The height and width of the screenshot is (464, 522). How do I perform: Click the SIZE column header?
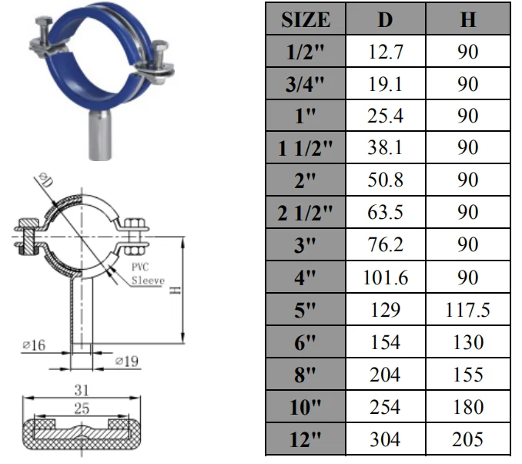(305, 19)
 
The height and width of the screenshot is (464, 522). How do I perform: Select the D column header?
(384, 19)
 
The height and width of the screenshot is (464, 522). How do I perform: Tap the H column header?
(468, 19)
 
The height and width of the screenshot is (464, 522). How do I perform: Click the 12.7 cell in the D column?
(384, 52)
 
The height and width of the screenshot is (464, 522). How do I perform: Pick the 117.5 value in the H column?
(468, 310)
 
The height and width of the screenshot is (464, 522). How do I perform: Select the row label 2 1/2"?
(305, 213)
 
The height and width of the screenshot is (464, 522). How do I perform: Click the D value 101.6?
(384, 277)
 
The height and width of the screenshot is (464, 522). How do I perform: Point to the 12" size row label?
(305, 439)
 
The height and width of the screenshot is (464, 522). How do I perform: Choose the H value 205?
(468, 439)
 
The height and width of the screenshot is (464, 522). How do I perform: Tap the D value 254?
(384, 407)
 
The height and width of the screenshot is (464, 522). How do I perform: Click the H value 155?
(468, 375)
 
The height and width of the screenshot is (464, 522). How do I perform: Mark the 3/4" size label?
(305, 84)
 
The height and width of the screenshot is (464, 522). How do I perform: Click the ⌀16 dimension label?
(35, 346)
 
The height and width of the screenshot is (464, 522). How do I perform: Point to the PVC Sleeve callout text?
(146, 274)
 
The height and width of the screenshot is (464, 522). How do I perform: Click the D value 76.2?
(384, 245)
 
